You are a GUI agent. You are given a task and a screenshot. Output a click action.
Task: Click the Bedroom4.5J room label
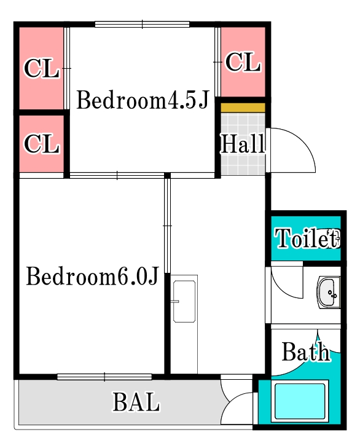(143, 101)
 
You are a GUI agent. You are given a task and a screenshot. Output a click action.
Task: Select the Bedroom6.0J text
(93, 277)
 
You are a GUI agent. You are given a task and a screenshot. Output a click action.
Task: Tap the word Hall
(243, 144)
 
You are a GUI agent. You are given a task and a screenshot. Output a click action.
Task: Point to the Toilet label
(306, 238)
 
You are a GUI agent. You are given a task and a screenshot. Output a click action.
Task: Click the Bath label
(305, 353)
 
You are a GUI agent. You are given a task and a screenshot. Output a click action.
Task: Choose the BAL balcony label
(136, 403)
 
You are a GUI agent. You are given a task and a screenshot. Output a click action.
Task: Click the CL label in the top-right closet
(243, 62)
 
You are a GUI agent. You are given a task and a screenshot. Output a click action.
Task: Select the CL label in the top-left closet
(41, 69)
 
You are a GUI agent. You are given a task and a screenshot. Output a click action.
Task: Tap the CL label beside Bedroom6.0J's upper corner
(41, 144)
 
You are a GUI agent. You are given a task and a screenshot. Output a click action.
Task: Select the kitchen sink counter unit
(184, 301)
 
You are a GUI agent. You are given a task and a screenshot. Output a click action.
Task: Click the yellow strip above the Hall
(243, 108)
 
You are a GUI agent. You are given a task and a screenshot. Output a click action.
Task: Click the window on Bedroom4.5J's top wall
(142, 25)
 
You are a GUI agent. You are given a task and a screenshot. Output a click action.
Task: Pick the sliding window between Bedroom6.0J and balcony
(104, 377)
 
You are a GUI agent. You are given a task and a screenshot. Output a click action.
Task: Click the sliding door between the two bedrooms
(117, 176)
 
